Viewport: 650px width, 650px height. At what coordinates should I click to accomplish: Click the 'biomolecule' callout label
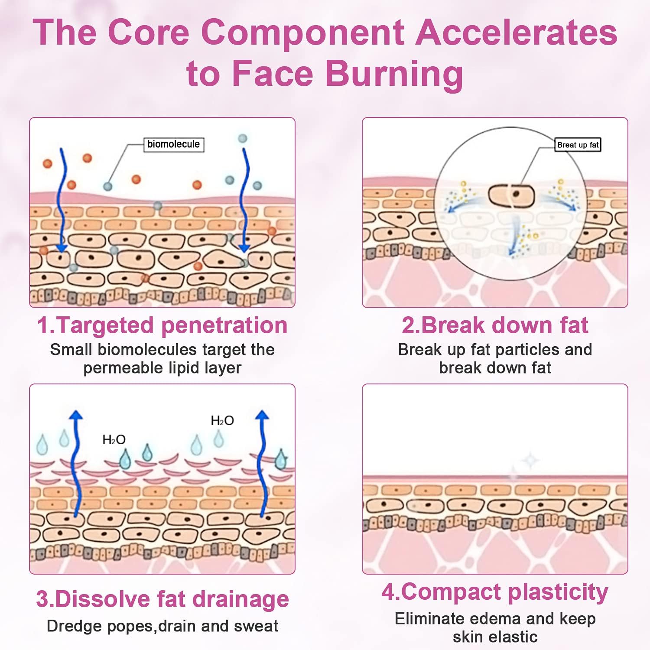pos(173,144)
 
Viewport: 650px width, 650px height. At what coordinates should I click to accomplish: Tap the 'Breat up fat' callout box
pos(578,145)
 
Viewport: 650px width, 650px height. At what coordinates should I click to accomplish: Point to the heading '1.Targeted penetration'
pos(162,325)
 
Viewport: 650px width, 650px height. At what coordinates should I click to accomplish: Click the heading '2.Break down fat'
pos(495,325)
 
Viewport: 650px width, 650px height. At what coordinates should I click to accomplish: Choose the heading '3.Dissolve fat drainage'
pos(162,599)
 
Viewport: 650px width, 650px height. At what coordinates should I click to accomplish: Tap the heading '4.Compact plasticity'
pos(495,592)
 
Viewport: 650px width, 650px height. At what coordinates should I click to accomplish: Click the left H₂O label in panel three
pos(114,440)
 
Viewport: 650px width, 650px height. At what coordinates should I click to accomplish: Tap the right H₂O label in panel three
pos(222,420)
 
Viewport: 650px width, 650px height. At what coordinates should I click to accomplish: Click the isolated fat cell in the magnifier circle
pos(511,195)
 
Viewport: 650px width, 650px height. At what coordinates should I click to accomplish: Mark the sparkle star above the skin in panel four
pos(530,460)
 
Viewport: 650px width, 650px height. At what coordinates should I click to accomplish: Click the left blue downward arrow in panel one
pos(62,199)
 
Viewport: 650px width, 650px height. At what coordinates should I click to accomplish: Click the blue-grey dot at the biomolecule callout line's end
pos(107,186)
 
